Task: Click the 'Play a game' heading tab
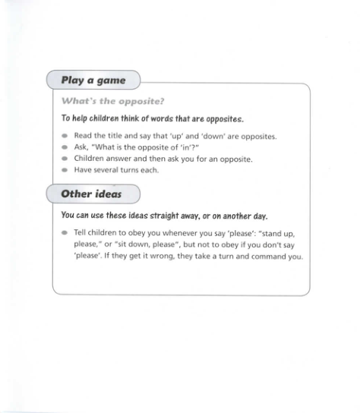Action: tap(93, 80)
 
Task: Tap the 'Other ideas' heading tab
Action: tap(90, 194)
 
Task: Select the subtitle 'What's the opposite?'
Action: tap(112, 100)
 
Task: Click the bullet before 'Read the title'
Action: tap(65, 137)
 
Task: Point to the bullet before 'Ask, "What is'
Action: tap(65, 148)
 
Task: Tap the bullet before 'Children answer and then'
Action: tap(65, 159)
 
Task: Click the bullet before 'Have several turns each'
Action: tap(65, 170)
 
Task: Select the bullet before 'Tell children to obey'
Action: tap(65, 233)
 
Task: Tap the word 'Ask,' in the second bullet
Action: tap(82, 147)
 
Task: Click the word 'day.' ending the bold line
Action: tap(261, 215)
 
